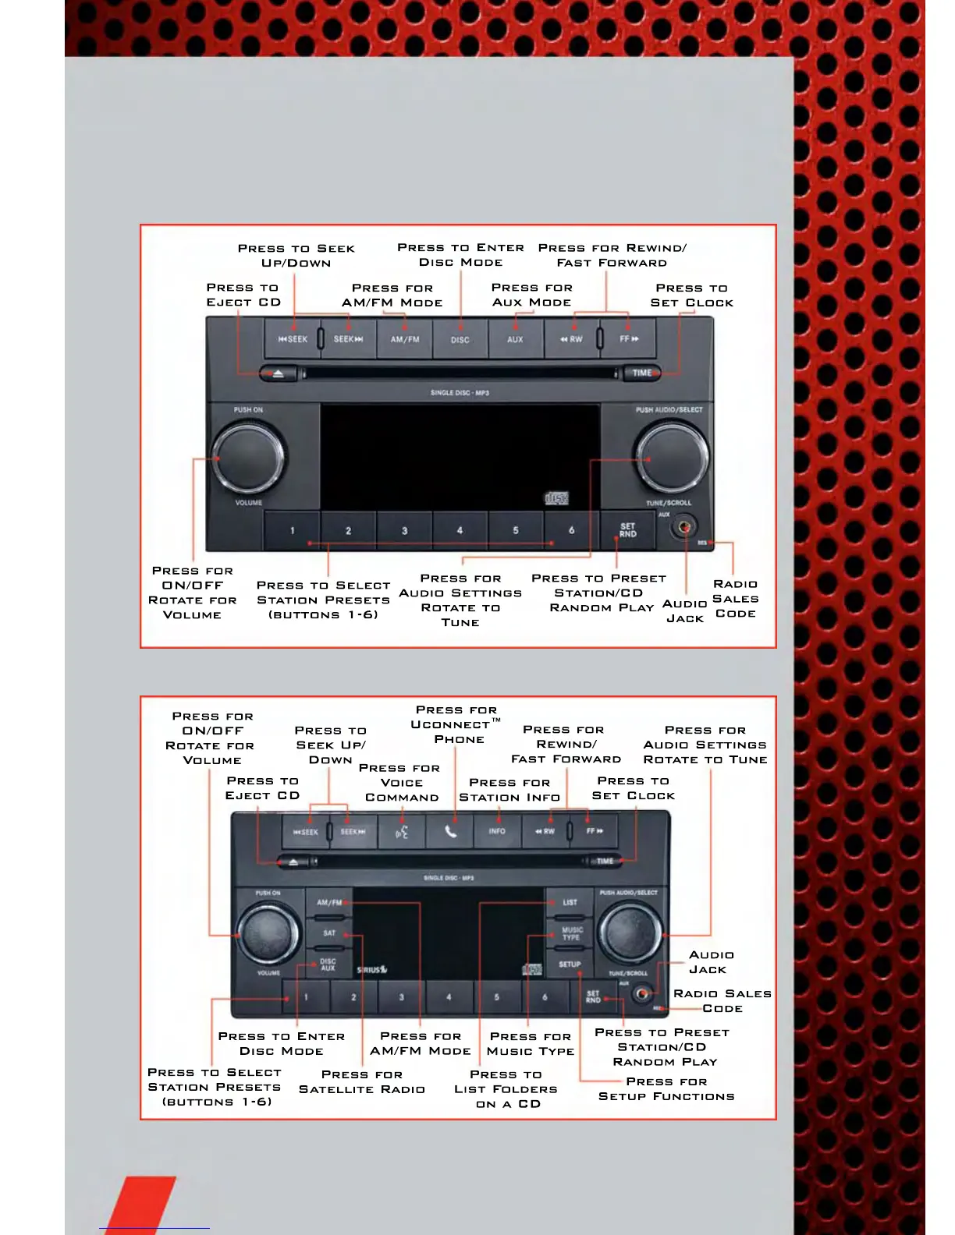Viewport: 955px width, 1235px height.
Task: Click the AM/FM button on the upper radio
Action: tap(405, 339)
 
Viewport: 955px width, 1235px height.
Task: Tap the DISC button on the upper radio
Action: tap(460, 339)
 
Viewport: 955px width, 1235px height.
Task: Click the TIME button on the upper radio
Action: tap(642, 373)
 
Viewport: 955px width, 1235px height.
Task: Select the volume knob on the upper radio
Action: tap(248, 456)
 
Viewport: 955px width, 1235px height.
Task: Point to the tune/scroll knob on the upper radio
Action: tap(671, 456)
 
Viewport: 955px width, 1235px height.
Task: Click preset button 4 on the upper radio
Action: tap(460, 530)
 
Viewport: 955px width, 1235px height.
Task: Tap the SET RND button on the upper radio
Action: tap(627, 530)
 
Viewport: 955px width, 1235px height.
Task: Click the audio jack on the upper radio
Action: tap(684, 527)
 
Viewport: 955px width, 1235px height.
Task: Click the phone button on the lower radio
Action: tap(450, 831)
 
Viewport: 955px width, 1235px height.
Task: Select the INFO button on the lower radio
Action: tap(497, 831)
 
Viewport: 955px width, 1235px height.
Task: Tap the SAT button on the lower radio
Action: tap(329, 933)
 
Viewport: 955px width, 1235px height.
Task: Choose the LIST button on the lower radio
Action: tap(570, 902)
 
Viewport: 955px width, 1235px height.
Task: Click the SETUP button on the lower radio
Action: tap(570, 964)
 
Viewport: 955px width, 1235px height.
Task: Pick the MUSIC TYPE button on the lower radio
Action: tap(572, 933)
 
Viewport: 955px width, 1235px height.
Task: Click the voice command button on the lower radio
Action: tap(402, 832)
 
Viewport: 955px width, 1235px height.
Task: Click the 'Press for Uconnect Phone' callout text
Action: tap(458, 724)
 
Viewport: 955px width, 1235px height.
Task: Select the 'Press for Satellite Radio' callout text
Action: tap(362, 1081)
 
